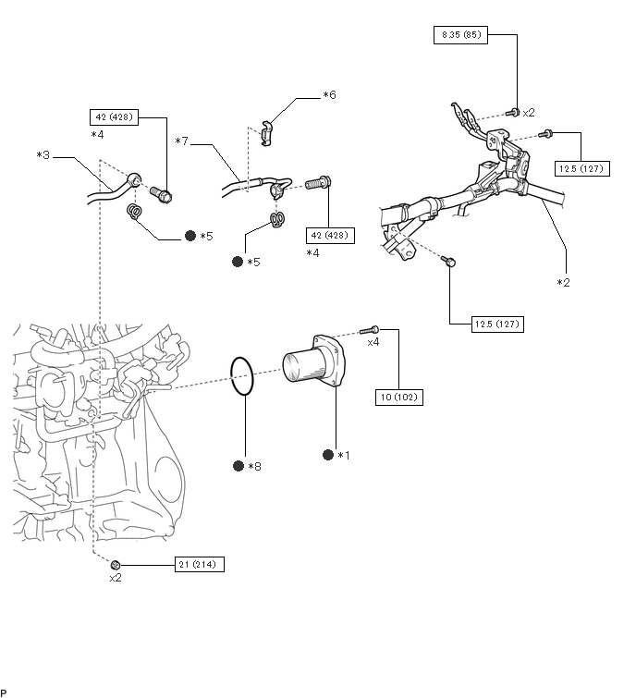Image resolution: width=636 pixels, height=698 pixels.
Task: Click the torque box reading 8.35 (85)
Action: point(460,35)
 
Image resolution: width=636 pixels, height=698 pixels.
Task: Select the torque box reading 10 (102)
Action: point(399,398)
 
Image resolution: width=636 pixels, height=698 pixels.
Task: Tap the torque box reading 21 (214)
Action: point(200,565)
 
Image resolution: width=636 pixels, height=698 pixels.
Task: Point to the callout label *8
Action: point(254,467)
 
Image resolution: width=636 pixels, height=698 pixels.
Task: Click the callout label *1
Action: point(344,456)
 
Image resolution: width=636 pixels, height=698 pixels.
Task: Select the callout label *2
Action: point(564,283)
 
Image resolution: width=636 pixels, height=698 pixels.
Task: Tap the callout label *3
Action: point(43,155)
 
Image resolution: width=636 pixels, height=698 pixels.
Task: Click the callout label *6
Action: point(329,95)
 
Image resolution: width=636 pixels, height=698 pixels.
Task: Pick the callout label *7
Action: point(181,141)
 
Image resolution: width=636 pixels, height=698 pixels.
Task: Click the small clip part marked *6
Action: point(266,133)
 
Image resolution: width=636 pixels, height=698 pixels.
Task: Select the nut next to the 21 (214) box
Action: point(116,566)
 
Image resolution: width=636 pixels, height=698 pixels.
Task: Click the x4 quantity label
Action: point(373,342)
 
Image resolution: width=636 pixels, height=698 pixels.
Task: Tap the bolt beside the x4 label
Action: point(369,330)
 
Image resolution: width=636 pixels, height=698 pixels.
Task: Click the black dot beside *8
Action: point(238,466)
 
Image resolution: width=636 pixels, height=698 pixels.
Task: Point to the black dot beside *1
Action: point(328,455)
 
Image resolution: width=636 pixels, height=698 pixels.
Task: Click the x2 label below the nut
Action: point(116,578)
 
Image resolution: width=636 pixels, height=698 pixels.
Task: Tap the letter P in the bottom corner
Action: point(3,692)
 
